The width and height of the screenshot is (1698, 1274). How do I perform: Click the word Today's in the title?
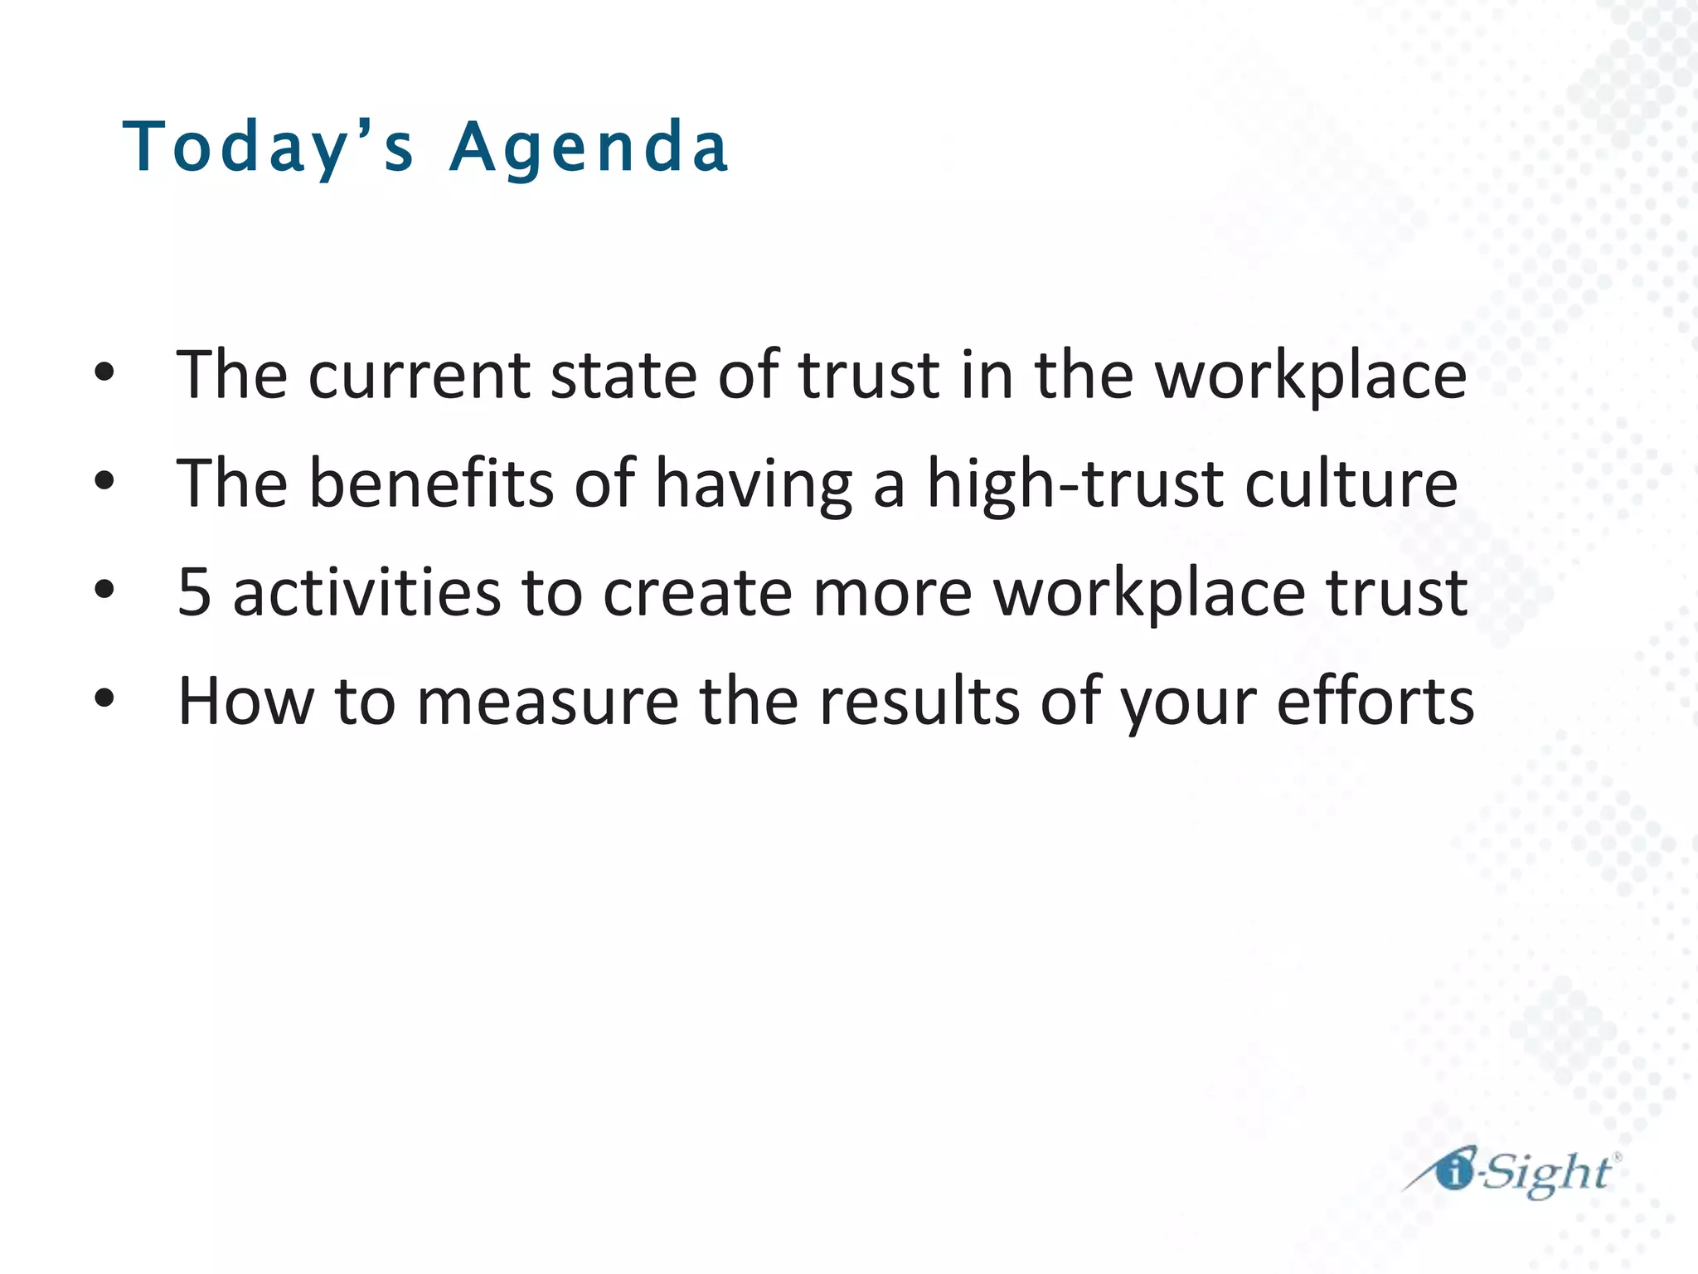[267, 147]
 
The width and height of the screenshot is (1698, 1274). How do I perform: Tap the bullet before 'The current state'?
[104, 373]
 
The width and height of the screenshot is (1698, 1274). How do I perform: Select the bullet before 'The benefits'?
[104, 482]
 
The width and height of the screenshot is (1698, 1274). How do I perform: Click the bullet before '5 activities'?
[104, 591]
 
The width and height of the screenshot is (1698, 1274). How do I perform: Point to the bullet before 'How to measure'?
[104, 699]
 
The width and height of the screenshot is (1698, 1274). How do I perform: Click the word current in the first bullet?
[419, 376]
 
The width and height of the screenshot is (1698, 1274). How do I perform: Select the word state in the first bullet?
[623, 376]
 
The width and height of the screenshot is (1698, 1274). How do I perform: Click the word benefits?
[431, 484]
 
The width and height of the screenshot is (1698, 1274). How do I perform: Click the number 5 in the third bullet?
[194, 592]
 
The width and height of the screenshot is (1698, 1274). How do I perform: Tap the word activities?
[366, 592]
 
